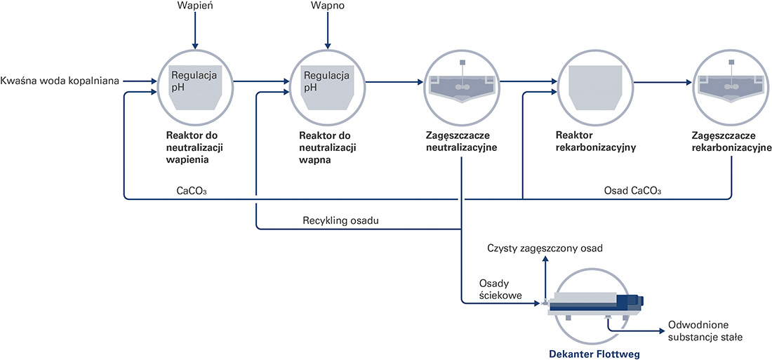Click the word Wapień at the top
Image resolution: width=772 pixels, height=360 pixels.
pyautogui.click(x=195, y=6)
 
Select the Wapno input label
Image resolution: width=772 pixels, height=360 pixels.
pyautogui.click(x=326, y=6)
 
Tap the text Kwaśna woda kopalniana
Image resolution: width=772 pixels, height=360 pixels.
pyautogui.click(x=60, y=81)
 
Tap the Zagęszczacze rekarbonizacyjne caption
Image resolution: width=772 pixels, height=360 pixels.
pyautogui.click(x=731, y=141)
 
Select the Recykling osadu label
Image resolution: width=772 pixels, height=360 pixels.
pyautogui.click(x=340, y=220)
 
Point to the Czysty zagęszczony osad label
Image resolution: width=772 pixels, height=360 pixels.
pyautogui.click(x=545, y=248)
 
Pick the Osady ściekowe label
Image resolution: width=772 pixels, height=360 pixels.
pyautogui.click(x=500, y=289)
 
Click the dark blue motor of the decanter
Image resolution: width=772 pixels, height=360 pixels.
pyautogui.click(x=631, y=301)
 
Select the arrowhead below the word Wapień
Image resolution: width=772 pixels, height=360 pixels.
pyautogui.click(x=195, y=45)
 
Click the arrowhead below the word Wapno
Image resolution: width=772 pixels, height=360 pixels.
pyautogui.click(x=326, y=45)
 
